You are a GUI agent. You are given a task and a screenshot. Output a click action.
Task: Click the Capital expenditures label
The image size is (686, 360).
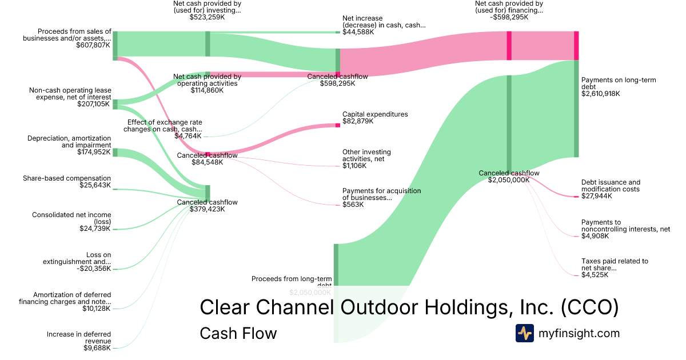[x=375, y=114]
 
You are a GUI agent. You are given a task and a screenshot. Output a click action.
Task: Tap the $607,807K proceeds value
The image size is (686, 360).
[x=93, y=45]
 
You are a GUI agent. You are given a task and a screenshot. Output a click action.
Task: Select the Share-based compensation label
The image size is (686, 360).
[x=67, y=178]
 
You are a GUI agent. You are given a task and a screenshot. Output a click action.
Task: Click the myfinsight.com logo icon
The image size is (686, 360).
[x=524, y=333]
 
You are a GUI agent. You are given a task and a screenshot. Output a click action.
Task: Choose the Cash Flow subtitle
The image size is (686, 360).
[x=238, y=333]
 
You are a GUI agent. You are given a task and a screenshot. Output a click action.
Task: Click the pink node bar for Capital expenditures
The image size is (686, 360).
[x=338, y=125]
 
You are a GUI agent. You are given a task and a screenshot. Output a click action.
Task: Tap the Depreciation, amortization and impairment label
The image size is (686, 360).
[x=69, y=142]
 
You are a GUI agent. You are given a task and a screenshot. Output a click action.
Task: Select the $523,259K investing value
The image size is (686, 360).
[x=207, y=18]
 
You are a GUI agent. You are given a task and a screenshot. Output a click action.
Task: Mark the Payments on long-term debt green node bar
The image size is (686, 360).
[x=576, y=109]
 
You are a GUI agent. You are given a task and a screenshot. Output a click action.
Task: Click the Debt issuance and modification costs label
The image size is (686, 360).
[x=611, y=186]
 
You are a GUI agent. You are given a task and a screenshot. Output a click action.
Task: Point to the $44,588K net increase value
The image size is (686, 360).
[x=358, y=32]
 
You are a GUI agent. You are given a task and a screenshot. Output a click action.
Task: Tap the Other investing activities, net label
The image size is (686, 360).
[x=366, y=155]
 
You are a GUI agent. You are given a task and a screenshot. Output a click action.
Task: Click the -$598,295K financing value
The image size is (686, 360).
[x=509, y=18]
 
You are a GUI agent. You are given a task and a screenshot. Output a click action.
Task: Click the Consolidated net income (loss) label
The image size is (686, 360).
[x=71, y=218]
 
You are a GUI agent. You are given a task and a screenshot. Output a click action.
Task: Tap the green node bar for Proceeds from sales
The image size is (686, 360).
[x=115, y=46]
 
